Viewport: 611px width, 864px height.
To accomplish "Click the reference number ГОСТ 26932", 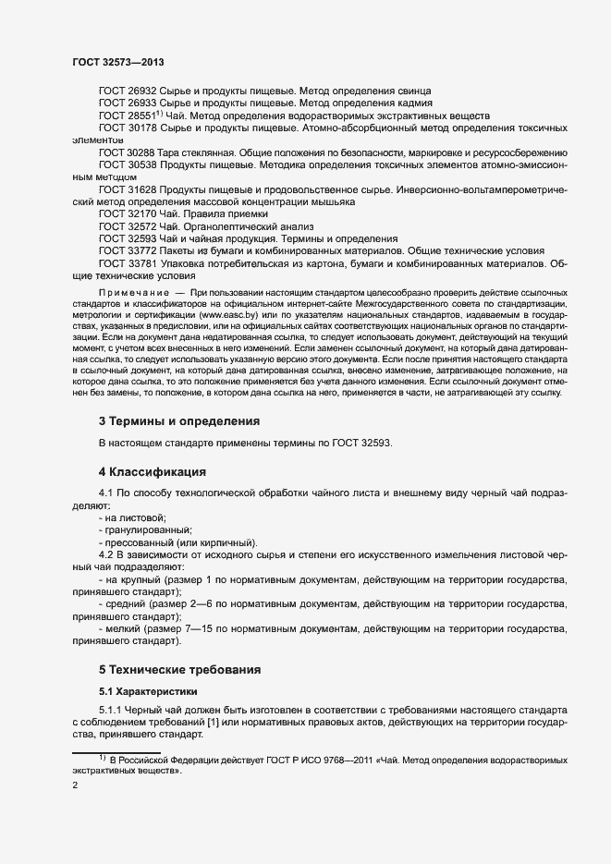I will (x=128, y=91).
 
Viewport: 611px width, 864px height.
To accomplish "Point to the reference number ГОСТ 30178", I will (x=128, y=128).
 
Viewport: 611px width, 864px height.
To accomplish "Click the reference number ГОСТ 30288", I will (x=128, y=152).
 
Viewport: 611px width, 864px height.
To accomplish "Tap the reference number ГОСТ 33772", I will (x=128, y=250).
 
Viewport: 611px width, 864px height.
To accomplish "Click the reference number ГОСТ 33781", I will (x=128, y=262).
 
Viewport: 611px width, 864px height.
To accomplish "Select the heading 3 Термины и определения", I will (x=178, y=421).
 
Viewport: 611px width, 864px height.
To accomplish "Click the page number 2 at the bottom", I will (x=75, y=786).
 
